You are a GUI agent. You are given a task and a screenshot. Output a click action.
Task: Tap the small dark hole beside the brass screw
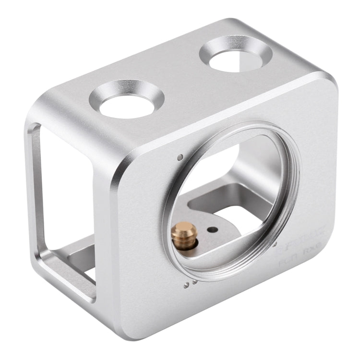click(209, 229)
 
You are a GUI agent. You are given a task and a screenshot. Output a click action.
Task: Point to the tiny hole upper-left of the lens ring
click(180, 157)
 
